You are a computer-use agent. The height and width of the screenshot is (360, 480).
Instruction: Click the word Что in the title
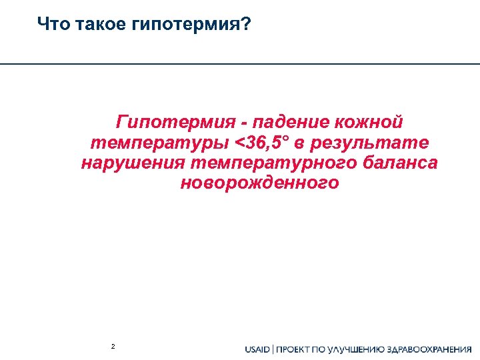(51, 25)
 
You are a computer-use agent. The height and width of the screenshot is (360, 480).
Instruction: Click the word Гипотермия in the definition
(175, 123)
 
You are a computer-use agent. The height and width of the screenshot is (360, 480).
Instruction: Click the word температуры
(159, 143)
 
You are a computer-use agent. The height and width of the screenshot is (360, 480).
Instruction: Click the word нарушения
(133, 163)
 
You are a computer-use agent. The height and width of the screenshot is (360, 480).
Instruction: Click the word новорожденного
(259, 183)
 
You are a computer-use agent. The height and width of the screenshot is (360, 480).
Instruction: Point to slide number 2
(113, 347)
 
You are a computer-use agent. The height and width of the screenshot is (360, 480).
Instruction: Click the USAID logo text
(257, 349)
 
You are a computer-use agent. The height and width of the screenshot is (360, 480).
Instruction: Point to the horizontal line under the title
(240, 64)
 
